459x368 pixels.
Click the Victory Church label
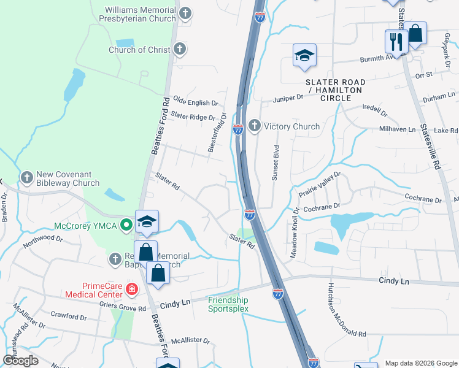291,127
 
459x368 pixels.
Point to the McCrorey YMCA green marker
127,224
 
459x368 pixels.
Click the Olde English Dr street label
196,102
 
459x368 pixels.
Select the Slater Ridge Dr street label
193,116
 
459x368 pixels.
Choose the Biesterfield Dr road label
218,132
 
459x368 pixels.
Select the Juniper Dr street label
288,97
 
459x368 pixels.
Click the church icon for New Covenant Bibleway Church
26,178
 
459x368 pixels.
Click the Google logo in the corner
20,361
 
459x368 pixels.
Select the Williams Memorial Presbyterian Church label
140,15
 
